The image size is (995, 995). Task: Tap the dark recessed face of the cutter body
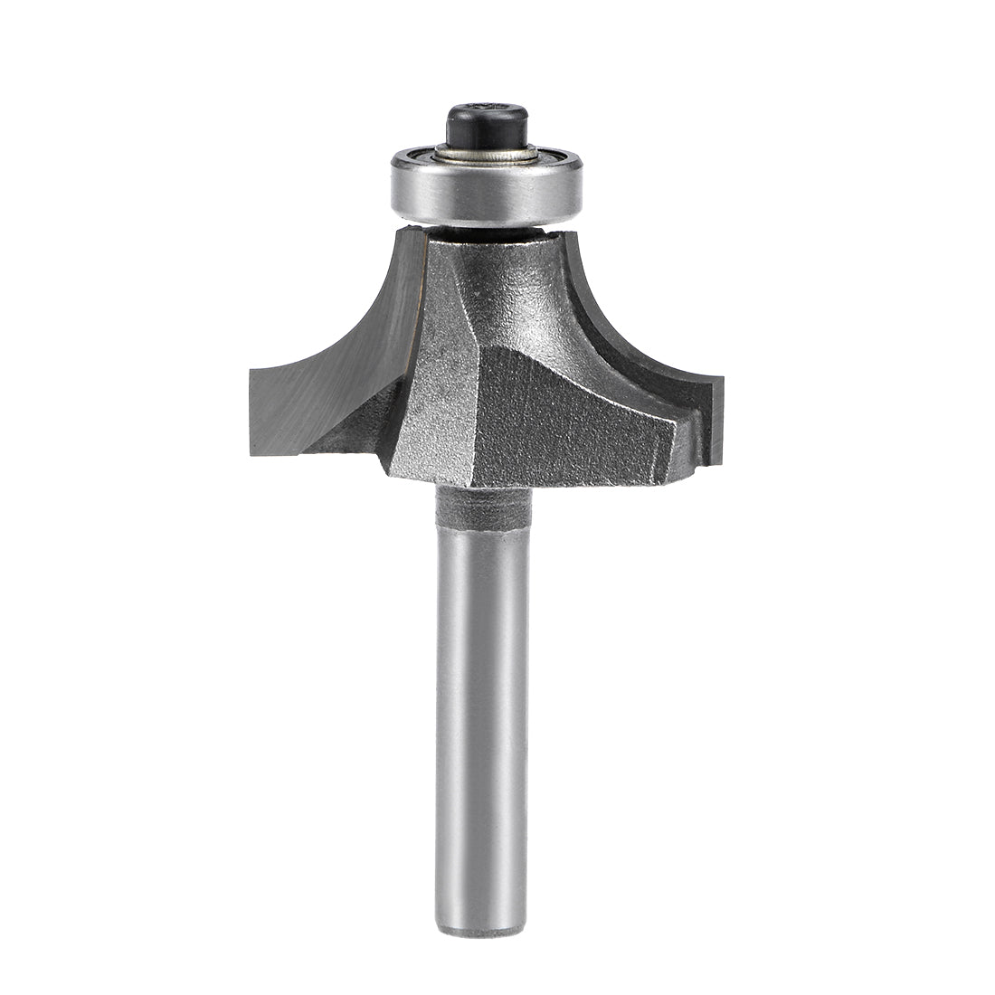coord(561,416)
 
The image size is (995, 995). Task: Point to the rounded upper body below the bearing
coord(507,280)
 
